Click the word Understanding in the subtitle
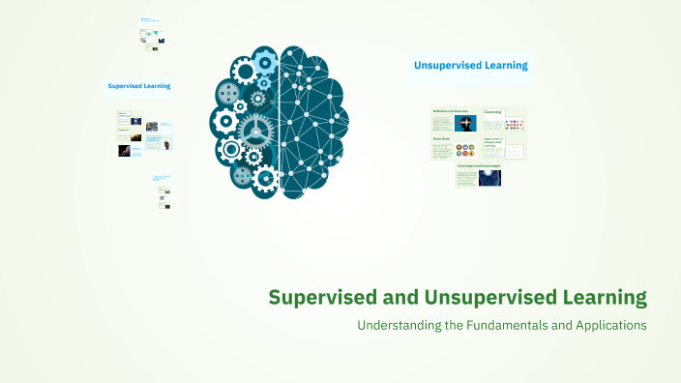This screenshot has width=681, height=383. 400,326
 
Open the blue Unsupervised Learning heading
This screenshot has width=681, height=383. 470,66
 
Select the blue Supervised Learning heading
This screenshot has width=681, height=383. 138,85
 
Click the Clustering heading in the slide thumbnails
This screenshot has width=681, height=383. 492,112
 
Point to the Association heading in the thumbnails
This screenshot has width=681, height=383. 442,138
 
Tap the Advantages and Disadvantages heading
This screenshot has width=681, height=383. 479,165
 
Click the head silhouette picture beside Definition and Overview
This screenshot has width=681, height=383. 466,124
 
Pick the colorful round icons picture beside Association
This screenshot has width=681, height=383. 466,150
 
